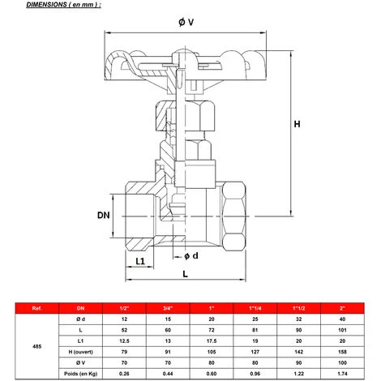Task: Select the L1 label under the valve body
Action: pyautogui.click(x=139, y=261)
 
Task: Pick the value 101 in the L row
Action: pyautogui.click(x=344, y=331)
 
